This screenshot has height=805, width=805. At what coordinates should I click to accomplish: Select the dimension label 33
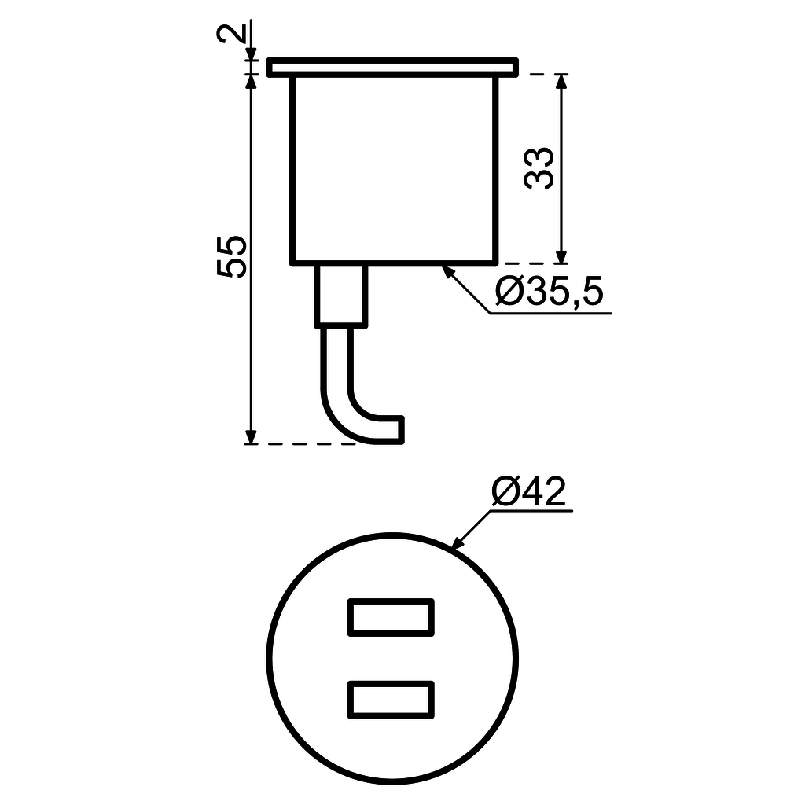540,167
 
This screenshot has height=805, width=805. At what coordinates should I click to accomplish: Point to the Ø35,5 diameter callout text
550,293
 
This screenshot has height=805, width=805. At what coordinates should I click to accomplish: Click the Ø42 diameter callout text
528,493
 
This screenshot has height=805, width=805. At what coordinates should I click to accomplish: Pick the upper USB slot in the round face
391,616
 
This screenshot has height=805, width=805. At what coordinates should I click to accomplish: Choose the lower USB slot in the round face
391,699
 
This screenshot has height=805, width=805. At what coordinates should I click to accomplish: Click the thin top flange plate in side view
391,68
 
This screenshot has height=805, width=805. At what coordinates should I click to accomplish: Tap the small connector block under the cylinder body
341,296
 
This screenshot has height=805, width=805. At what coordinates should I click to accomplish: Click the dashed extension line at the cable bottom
307,444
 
